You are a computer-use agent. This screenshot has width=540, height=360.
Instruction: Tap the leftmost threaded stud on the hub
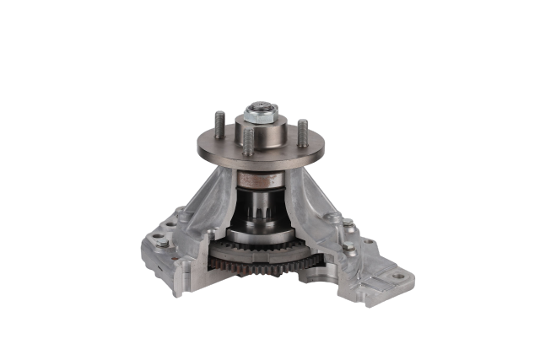pyautogui.click(x=219, y=124)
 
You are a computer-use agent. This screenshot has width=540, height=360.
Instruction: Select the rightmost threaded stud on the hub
pyautogui.click(x=302, y=130)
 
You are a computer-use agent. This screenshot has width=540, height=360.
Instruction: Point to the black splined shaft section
pyautogui.click(x=257, y=211)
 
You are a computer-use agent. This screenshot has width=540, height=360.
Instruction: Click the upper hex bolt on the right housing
pyautogui.click(x=348, y=223)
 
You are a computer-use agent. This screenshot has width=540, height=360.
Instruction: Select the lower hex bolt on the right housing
pyautogui.click(x=348, y=247)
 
